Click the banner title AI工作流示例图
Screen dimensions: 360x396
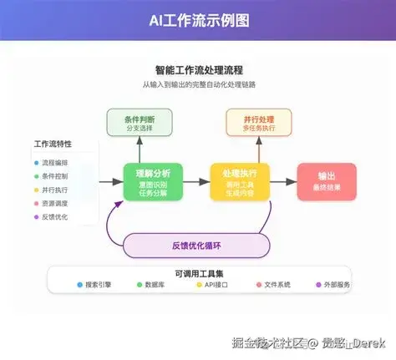click(x=198, y=20)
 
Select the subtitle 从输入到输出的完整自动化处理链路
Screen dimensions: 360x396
click(x=198, y=85)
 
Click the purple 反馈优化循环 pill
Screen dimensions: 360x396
click(x=197, y=245)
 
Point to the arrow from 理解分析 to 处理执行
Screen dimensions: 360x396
click(x=195, y=181)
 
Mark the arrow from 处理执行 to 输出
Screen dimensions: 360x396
click(x=282, y=181)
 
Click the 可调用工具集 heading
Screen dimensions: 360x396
click(x=198, y=273)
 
